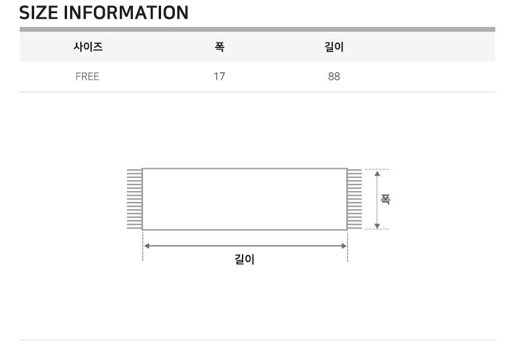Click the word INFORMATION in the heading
tap(126, 13)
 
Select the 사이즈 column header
tap(88, 47)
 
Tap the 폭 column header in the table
tap(219, 47)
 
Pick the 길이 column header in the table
tap(334, 47)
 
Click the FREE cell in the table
tap(87, 77)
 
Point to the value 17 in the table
tap(219, 77)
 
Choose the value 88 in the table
tap(334, 77)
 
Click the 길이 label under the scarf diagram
tap(244, 259)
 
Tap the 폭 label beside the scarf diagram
tap(385, 199)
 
